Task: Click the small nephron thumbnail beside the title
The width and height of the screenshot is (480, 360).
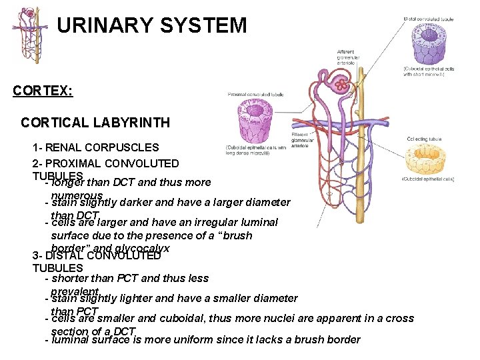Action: click(x=29, y=37)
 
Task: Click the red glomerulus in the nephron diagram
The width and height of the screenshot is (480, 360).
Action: click(x=341, y=85)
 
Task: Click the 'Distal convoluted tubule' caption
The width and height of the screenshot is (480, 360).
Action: click(x=429, y=19)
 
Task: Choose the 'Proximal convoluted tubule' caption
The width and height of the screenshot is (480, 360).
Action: click(x=256, y=95)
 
